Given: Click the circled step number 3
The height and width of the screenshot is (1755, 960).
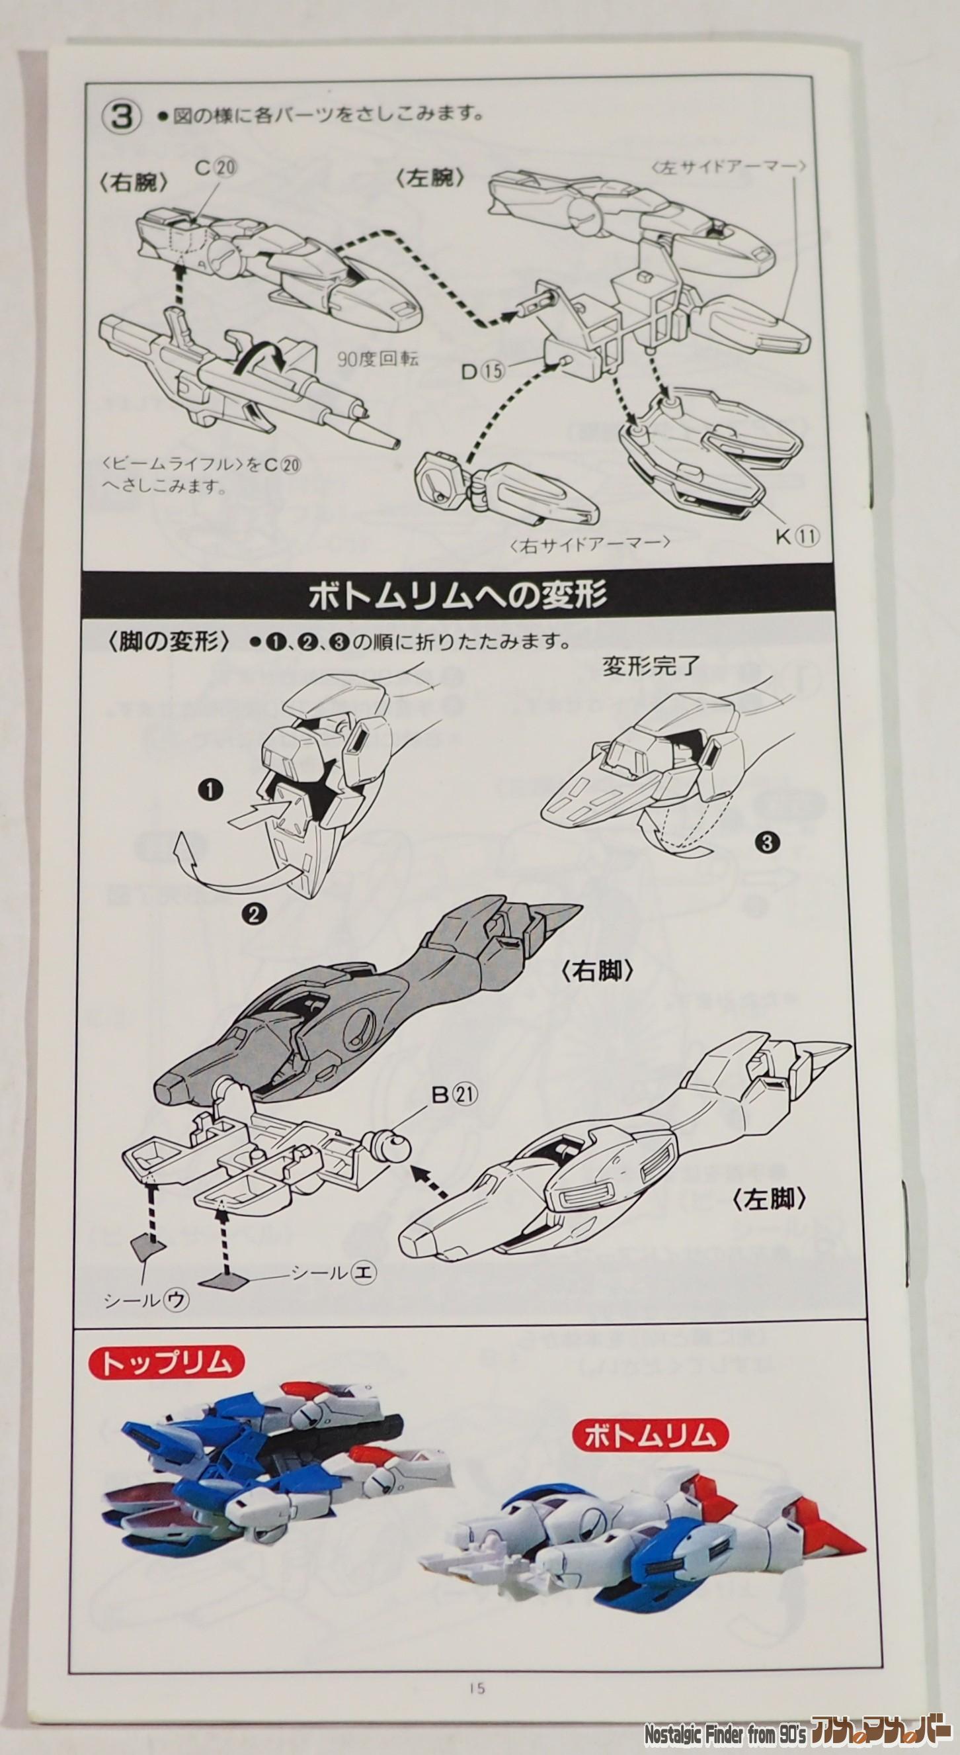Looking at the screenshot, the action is [120, 115].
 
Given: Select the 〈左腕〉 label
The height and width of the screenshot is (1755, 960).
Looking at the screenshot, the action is [430, 179].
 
